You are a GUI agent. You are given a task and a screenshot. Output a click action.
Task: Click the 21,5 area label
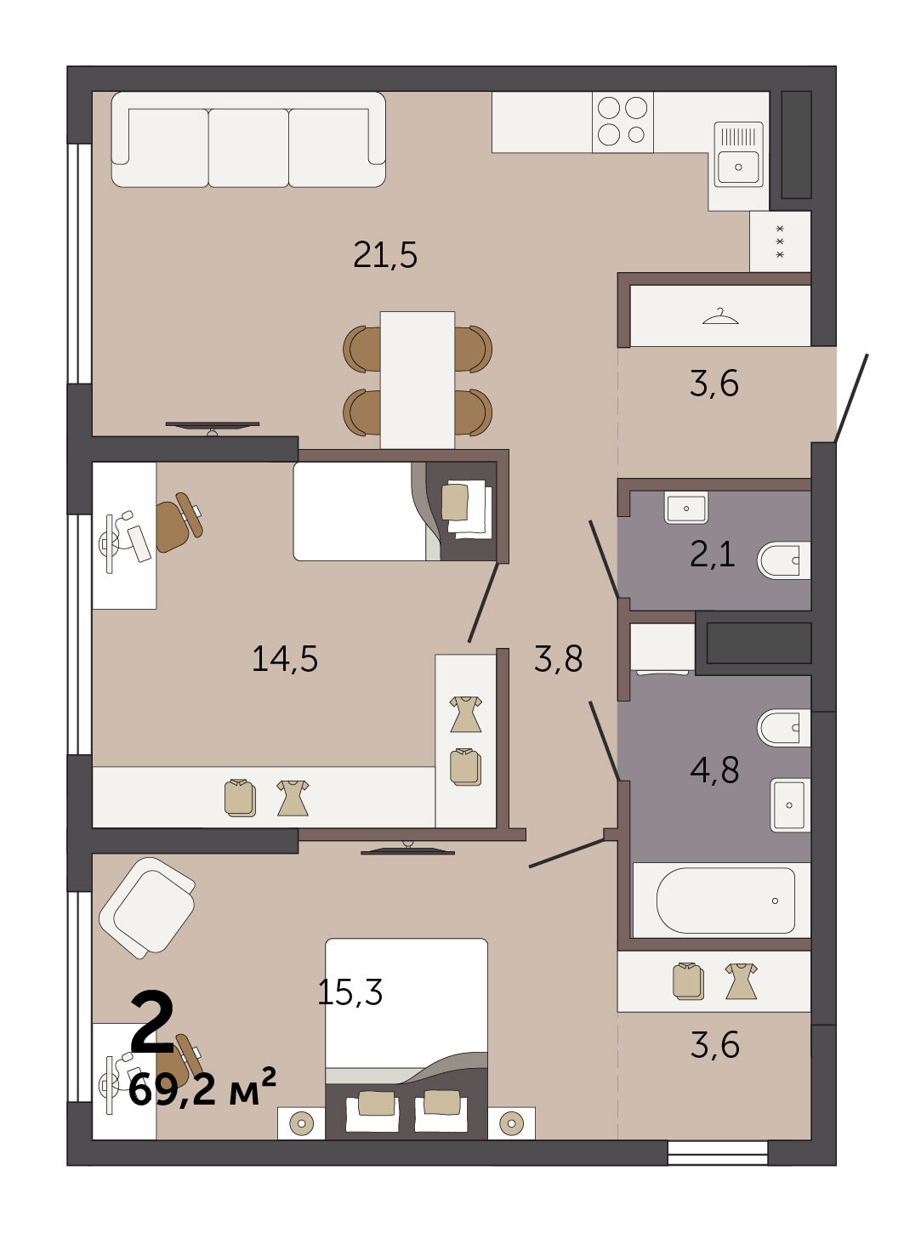[385, 255]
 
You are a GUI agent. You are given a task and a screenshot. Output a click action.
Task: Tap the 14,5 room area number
[285, 658]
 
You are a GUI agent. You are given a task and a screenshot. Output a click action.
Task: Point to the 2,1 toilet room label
[713, 554]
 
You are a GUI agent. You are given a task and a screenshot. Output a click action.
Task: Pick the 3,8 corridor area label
[558, 658]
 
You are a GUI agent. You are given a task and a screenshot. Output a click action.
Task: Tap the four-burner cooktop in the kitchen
[623, 122]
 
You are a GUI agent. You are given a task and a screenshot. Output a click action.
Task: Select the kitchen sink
[738, 154]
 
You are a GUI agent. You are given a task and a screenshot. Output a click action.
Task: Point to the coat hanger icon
[720, 316]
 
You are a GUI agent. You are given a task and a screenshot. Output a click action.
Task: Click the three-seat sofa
[248, 139]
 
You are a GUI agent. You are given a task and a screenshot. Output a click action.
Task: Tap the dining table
[418, 380]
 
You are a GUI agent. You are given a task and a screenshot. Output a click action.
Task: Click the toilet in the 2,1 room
[783, 560]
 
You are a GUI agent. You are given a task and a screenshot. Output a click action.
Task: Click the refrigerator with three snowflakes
[780, 241]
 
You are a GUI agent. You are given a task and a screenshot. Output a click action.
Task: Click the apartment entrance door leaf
[851, 398]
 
